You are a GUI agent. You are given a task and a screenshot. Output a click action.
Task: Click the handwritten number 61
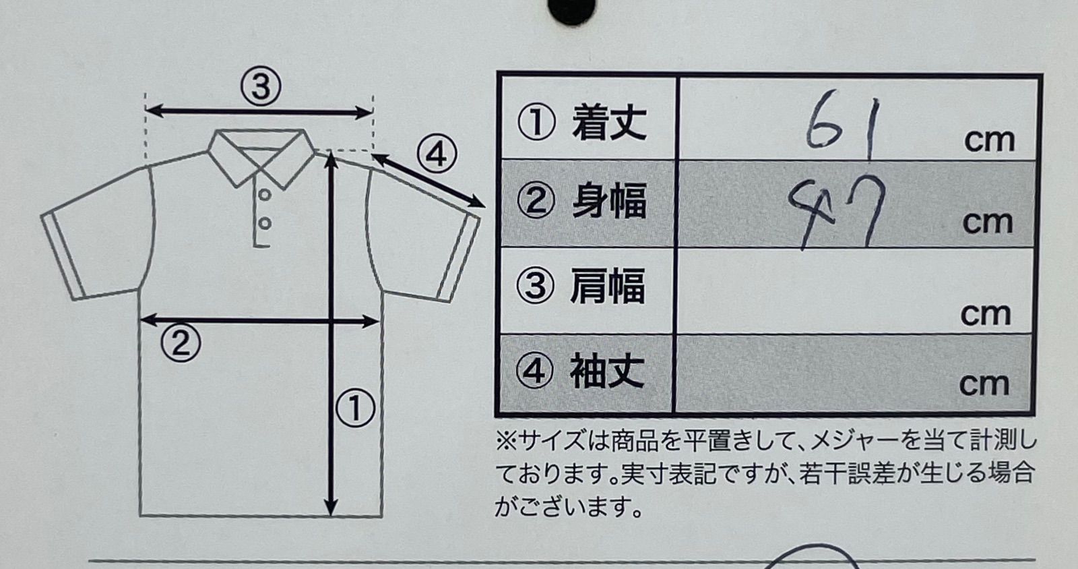point(842,126)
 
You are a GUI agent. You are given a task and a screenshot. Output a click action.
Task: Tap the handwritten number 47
point(837,211)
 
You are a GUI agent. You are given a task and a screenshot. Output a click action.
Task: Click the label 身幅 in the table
point(609,201)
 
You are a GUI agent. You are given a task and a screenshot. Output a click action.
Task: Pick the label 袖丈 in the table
point(607,371)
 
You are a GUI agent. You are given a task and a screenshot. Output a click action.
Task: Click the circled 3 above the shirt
point(261,87)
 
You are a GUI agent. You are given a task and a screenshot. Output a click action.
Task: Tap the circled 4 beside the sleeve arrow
point(437,155)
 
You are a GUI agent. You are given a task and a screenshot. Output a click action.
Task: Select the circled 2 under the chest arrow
point(181,343)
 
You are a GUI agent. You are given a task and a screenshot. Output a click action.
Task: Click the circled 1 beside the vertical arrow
point(355,409)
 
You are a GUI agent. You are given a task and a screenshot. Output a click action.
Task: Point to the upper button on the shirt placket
point(264,194)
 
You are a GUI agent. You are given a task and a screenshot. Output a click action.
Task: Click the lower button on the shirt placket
point(264,223)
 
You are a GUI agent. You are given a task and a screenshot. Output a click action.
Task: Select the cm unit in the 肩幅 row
point(986,315)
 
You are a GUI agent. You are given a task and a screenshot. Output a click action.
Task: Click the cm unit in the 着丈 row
point(990,141)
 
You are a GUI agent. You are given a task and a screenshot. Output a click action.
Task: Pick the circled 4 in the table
point(534,371)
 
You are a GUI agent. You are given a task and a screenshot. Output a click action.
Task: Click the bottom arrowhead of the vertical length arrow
point(331,508)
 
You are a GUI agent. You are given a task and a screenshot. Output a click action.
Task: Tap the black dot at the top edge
point(571,9)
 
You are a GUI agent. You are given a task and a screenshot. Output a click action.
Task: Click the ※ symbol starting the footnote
point(506,441)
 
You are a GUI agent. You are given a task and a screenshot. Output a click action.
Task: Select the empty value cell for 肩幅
point(855,291)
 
